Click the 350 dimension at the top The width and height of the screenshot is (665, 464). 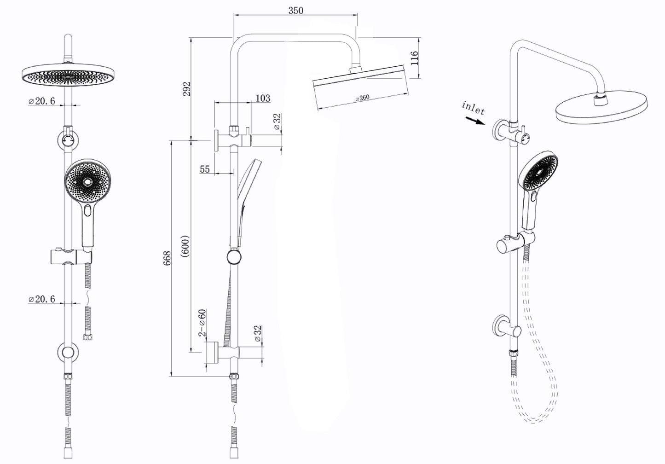tap(296, 10)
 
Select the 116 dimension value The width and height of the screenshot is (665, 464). tap(414, 58)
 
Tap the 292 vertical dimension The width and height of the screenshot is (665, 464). tap(187, 89)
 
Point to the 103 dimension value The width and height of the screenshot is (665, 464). tap(262, 98)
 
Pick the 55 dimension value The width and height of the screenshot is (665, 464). tap(205, 169)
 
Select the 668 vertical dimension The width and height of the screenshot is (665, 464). tap(168, 258)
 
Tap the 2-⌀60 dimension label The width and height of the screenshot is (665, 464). tap(202, 323)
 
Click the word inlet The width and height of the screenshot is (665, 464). tap(473, 108)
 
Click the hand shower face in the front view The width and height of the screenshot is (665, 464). tap(87, 183)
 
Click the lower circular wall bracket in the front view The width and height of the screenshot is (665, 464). tap(68, 353)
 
